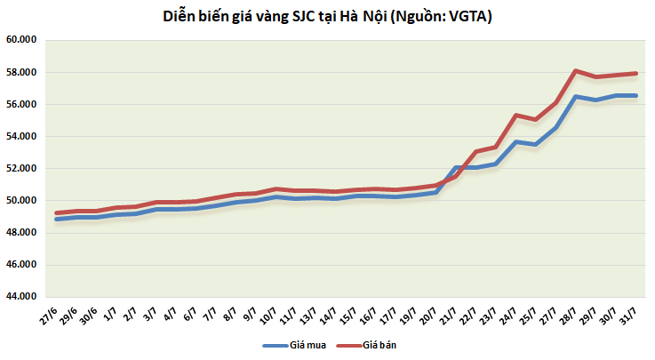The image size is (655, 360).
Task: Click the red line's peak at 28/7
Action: pos(576,70)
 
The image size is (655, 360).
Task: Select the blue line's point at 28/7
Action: pos(576,96)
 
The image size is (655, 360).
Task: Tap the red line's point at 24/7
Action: pos(516,115)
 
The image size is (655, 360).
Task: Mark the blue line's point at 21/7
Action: pos(458,167)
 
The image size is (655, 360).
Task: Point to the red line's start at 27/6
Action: pos(57,213)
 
